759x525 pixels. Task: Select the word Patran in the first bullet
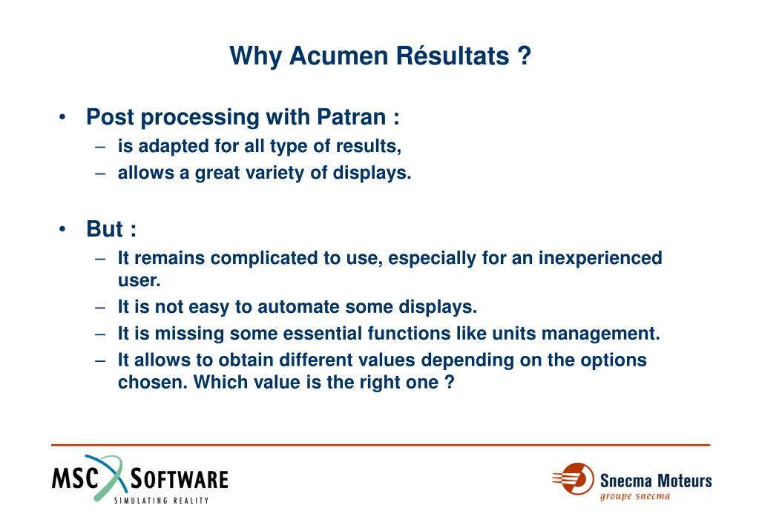coord(351,117)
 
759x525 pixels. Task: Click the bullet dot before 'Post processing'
coord(62,117)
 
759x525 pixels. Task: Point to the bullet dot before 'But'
coord(62,229)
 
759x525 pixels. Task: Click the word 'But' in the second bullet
coord(105,229)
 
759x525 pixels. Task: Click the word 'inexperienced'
coord(600,258)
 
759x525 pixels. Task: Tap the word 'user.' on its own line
coord(139,280)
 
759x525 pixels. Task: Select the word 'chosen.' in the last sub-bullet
coord(153,383)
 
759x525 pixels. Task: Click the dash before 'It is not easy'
coord(100,308)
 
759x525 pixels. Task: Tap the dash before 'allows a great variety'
coord(100,174)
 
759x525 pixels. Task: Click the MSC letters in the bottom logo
coord(75,478)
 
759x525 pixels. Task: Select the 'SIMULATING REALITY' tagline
coord(161,501)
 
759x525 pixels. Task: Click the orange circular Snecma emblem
coord(577,479)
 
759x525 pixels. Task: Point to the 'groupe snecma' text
coord(634,497)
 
